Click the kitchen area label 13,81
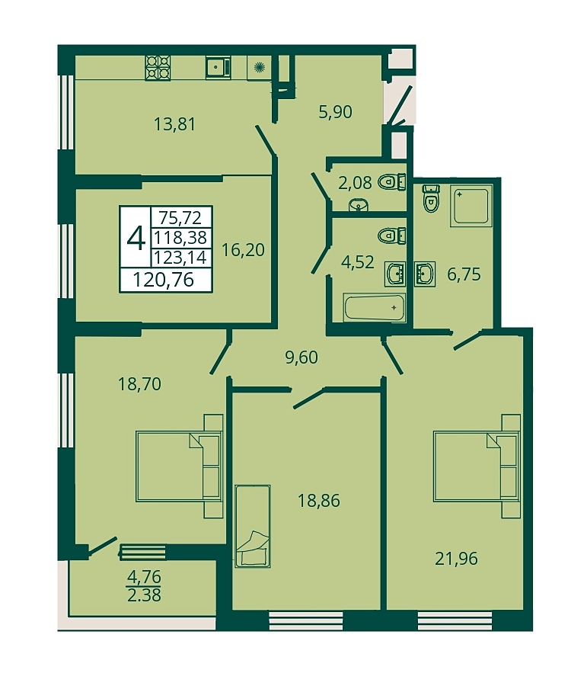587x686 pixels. [174, 124]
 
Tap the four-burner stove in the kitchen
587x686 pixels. [158, 68]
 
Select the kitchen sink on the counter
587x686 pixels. [218, 67]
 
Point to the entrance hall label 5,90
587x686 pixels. [335, 112]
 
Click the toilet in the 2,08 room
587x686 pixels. [392, 181]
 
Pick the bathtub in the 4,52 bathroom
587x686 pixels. [375, 308]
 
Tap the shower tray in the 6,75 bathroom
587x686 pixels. [471, 206]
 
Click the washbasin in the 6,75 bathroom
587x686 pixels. [424, 274]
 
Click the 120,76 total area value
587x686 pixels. [164, 279]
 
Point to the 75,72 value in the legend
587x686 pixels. [180, 217]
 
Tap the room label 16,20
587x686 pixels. [243, 250]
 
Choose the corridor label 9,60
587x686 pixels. [301, 357]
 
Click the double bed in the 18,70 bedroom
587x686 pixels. [179, 466]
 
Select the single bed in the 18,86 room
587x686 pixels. [253, 526]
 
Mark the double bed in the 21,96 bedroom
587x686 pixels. [477, 466]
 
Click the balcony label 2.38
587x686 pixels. [144, 595]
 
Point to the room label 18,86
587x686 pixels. [319, 501]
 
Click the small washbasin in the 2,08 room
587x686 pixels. [359, 205]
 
